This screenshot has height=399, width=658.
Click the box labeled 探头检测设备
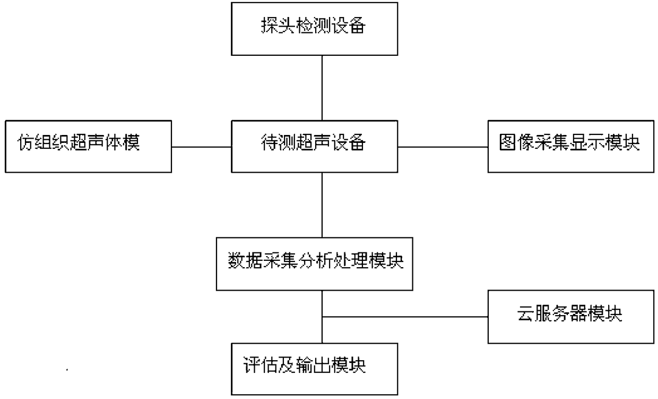[314, 29]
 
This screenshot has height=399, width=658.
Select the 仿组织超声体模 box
[89, 147]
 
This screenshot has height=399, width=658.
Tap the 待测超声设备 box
[314, 147]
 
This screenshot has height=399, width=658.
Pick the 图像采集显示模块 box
[571, 147]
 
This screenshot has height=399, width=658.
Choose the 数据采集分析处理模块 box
[314, 264]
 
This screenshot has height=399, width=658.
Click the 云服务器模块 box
[571, 317]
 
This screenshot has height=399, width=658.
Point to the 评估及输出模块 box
[314, 369]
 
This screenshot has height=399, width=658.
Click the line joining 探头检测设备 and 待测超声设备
[322, 88]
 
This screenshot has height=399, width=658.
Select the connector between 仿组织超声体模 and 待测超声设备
[202, 147]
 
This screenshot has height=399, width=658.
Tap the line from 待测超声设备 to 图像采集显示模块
[443, 147]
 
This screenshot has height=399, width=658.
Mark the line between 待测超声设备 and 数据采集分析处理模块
[322, 205]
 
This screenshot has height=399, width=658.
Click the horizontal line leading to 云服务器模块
[405, 317]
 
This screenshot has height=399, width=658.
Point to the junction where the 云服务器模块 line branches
[322, 317]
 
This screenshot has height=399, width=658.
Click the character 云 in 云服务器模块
[526, 313]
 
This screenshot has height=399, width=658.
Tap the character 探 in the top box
[270, 26]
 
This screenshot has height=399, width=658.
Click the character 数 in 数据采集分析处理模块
[237, 260]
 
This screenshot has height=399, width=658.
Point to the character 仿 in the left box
[26, 142]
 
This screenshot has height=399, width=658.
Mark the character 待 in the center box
[270, 142]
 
